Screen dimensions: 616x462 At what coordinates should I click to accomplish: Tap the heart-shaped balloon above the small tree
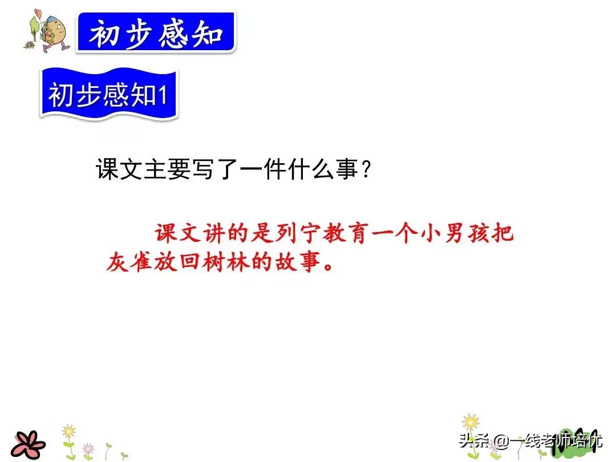pyautogui.click(x=38, y=13)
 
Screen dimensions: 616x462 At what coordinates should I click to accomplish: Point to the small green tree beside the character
pyautogui.click(x=34, y=27)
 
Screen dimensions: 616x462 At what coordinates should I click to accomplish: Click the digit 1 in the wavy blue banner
pyautogui.click(x=162, y=95)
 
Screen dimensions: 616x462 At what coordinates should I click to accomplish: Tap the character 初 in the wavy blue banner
pyautogui.click(x=60, y=95)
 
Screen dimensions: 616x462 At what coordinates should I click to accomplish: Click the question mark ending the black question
pyautogui.click(x=366, y=170)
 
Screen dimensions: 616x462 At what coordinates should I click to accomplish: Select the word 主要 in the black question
pyautogui.click(x=167, y=169)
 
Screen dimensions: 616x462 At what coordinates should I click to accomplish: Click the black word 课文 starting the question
pyautogui.click(x=119, y=169)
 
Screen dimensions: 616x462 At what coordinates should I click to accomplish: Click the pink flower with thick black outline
pyautogui.click(x=28, y=445)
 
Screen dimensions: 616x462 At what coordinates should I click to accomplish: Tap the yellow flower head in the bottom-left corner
pyautogui.click(x=69, y=431)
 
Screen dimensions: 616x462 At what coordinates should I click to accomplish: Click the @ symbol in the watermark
pyautogui.click(x=502, y=440)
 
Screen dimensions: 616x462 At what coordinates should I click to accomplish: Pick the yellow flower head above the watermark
pyautogui.click(x=470, y=422)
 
